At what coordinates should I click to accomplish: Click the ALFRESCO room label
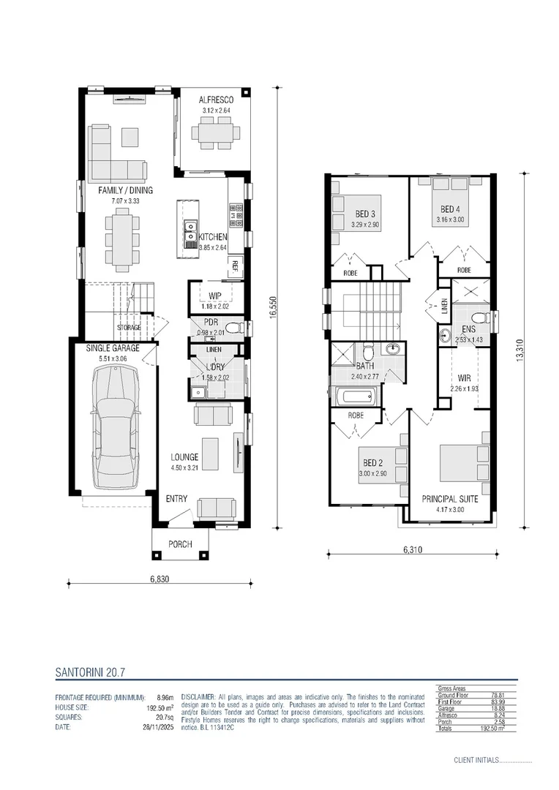(x=216, y=99)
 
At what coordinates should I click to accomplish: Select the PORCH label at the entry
(x=180, y=544)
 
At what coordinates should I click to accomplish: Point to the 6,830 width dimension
(x=160, y=579)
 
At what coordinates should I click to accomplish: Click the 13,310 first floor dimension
(x=520, y=350)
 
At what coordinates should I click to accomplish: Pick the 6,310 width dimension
(x=413, y=549)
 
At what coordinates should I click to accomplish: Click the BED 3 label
(x=366, y=214)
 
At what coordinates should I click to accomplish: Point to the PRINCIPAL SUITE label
(x=449, y=499)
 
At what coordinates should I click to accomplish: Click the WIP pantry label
(x=215, y=296)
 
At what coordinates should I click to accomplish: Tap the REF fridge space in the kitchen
(x=236, y=265)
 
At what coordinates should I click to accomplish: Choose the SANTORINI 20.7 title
(x=93, y=669)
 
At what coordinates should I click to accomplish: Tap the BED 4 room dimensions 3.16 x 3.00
(x=450, y=219)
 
